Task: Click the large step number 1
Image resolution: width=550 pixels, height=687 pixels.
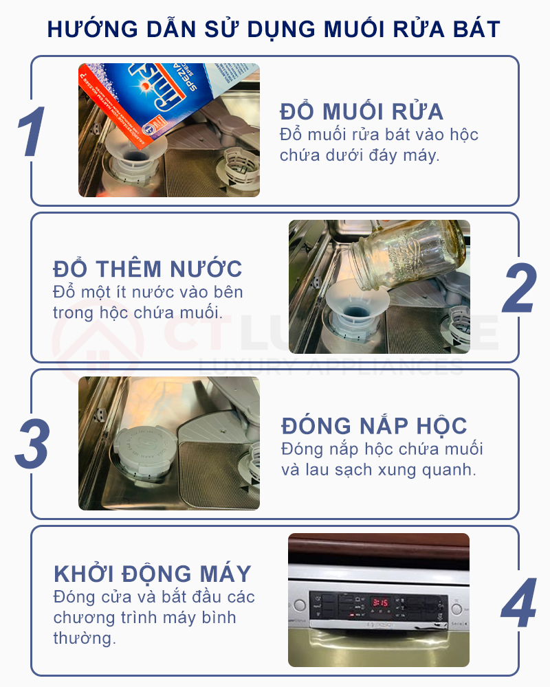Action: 31,131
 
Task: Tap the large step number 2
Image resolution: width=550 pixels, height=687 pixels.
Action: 518,288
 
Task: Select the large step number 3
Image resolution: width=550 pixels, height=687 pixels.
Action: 32,444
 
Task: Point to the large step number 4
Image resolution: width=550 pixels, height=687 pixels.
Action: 518,602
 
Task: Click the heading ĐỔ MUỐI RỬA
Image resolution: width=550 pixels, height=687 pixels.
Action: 362,111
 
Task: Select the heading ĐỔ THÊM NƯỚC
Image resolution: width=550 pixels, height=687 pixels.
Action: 148,269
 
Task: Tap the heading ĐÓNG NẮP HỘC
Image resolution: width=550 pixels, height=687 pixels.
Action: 374,425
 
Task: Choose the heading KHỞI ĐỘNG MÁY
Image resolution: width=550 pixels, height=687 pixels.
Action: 153,574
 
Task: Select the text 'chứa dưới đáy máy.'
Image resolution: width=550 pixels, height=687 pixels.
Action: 359,155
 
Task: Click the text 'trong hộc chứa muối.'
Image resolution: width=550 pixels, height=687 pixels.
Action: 137,312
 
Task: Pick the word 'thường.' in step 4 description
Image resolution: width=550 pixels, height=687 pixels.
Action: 85,638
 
